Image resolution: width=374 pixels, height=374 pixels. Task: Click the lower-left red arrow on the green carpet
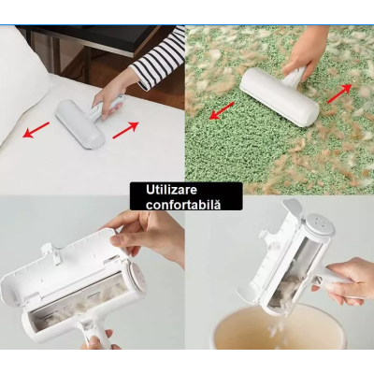[223, 109]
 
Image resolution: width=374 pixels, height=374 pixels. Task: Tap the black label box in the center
[185, 196]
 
